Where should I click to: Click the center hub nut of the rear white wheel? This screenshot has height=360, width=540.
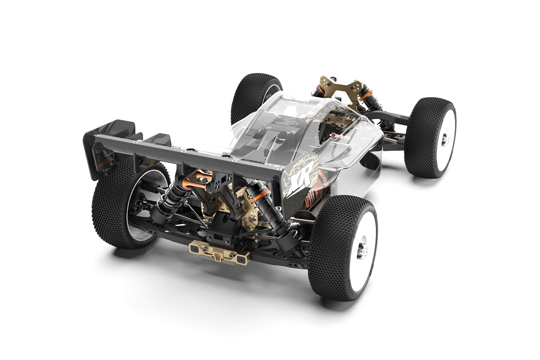[x=360, y=249]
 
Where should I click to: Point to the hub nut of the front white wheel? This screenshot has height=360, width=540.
[x=444, y=140]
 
